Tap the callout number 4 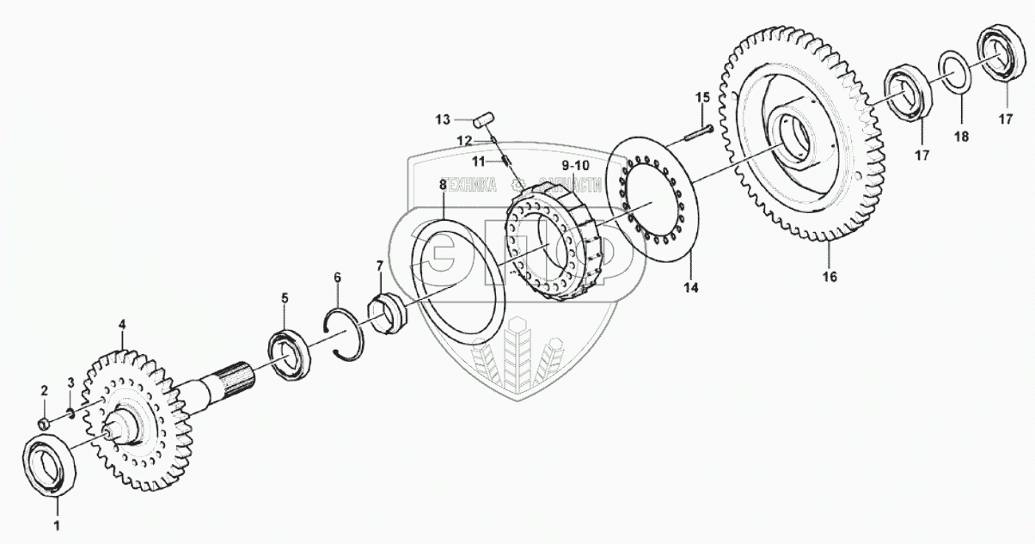121,325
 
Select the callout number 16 829,276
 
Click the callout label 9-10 575,164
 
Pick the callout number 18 961,137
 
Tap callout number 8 442,185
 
